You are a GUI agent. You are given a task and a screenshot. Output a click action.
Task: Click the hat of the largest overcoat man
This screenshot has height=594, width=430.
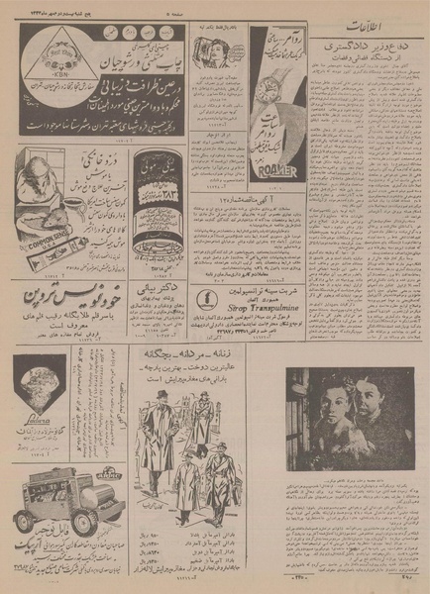pyautogui.click(x=161, y=394)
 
